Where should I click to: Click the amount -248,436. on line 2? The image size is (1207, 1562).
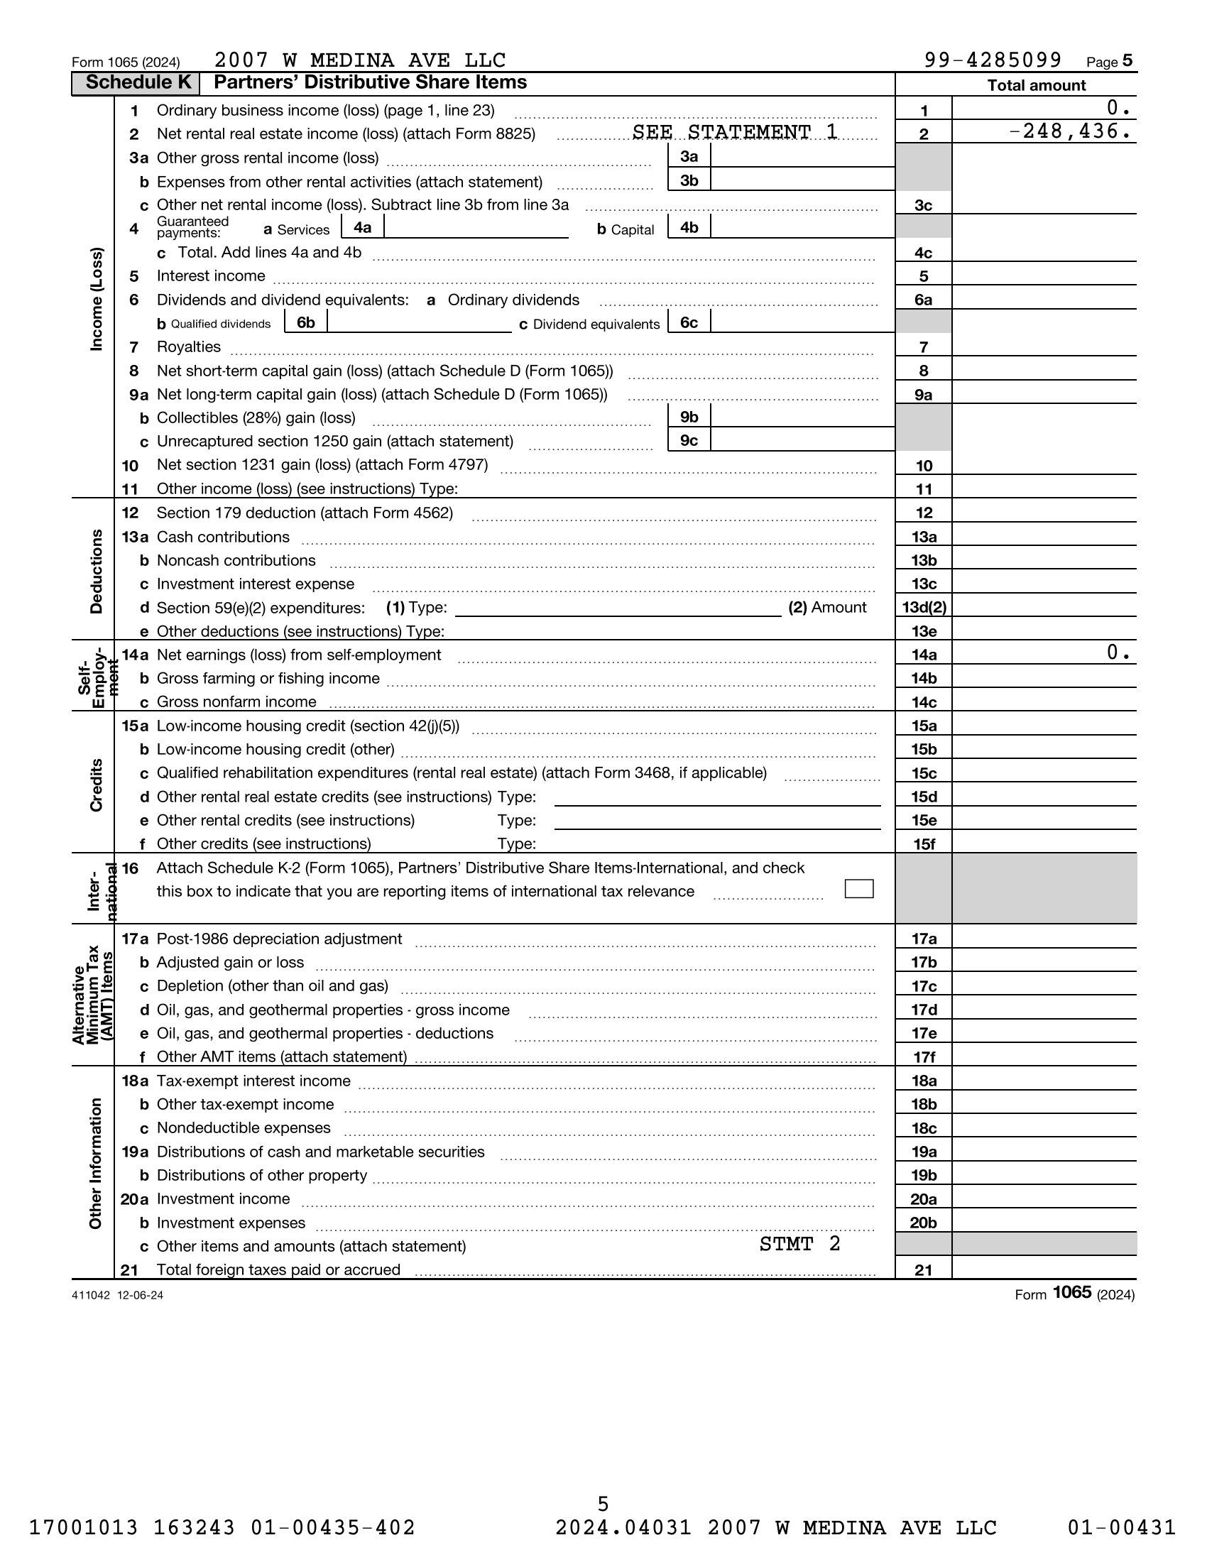[1071, 131]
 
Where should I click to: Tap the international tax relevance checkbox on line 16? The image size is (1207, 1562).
[859, 888]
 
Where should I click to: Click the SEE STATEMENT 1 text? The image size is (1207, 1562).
[734, 132]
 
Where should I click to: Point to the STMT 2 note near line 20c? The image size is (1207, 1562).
[799, 1244]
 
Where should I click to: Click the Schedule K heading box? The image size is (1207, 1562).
[136, 83]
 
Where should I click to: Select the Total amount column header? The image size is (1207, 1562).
[1035, 85]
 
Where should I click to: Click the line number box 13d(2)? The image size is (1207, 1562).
[924, 608]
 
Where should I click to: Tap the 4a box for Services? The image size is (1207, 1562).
[363, 228]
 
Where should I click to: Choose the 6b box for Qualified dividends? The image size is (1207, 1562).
[305, 322]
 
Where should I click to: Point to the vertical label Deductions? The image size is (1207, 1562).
[96, 572]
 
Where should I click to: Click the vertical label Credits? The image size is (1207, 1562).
[96, 785]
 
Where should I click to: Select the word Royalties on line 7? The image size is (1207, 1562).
[189, 347]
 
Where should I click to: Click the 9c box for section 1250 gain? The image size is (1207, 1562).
[689, 441]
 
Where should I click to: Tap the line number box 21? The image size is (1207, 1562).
[923, 1270]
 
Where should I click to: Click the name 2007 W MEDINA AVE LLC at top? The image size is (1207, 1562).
[360, 60]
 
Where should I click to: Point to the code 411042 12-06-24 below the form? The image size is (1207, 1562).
[117, 1295]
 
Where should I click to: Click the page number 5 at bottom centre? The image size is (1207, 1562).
[603, 1503]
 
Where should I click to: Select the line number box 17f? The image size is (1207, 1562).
[923, 1057]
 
